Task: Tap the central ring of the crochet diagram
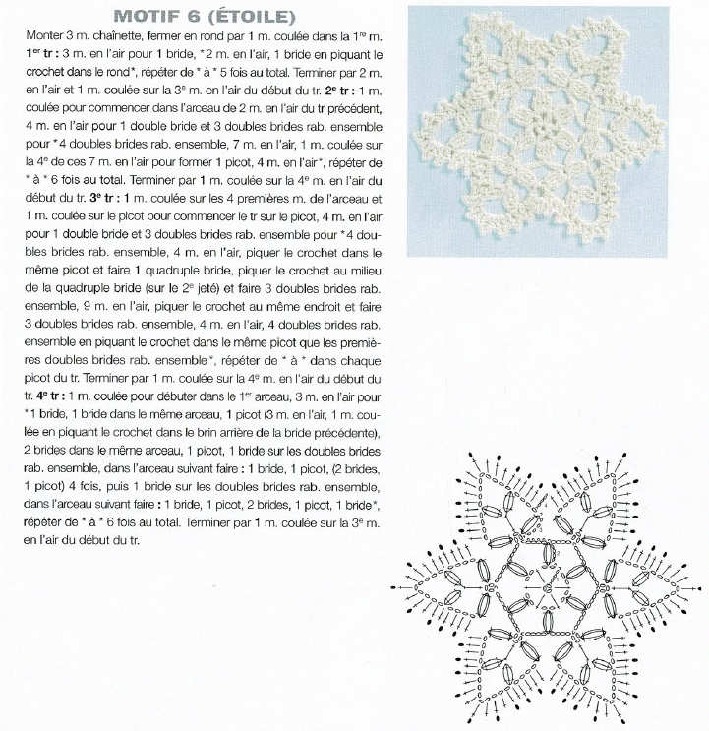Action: (x=546, y=588)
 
